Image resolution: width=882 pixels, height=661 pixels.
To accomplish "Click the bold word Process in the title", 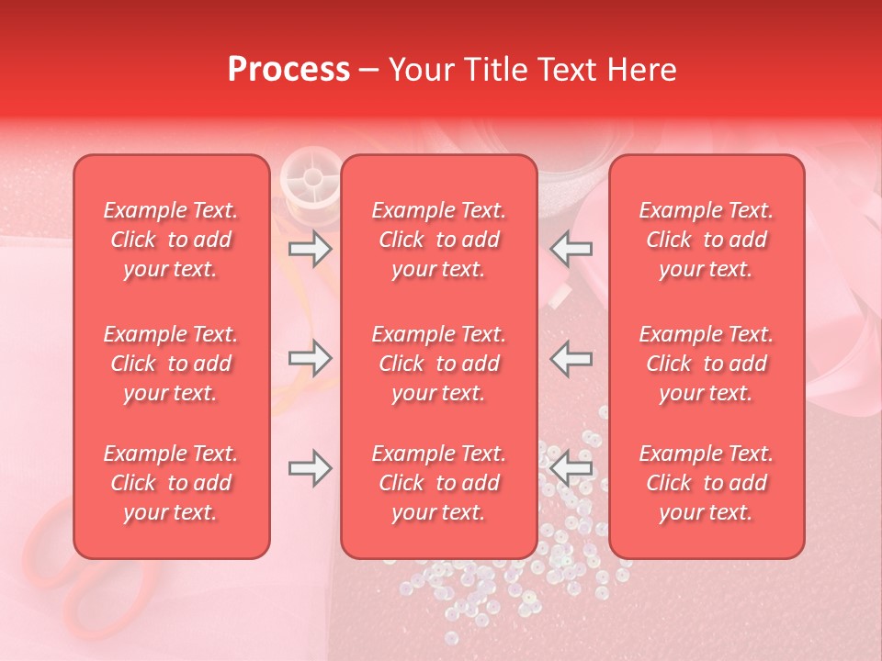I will point(288,70).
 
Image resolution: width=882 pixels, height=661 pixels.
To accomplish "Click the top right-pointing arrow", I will point(310,250).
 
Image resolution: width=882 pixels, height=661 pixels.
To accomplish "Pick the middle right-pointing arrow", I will point(310,358).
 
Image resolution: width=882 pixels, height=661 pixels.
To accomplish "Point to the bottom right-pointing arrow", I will point(310,468).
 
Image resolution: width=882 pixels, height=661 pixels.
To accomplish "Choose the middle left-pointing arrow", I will point(571,358).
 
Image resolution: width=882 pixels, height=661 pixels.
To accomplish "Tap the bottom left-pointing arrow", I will point(571,468).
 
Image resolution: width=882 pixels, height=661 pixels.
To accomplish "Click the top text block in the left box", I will point(171,240).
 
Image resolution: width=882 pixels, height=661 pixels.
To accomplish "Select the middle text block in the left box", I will point(171,364).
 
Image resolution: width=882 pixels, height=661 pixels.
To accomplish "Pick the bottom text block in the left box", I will point(171,483).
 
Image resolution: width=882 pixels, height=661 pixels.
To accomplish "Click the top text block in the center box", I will point(439,240).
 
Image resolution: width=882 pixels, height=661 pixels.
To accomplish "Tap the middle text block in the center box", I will point(439,364).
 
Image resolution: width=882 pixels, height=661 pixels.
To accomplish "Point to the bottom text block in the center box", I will point(439,483).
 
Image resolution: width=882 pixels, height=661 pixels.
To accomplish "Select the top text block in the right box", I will point(707,240).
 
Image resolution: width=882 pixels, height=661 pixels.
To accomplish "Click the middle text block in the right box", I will point(707,364).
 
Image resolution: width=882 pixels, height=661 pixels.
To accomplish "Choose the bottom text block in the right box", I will point(707,483).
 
